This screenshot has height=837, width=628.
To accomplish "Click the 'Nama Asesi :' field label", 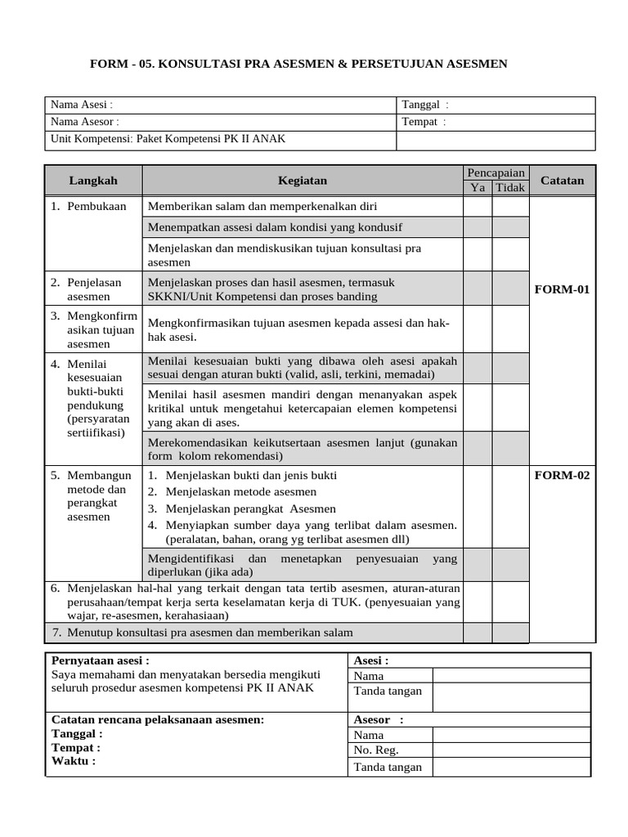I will pyautogui.click(x=82, y=105).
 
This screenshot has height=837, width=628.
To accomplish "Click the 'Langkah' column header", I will pyautogui.click(x=93, y=180).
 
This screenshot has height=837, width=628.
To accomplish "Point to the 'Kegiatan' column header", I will pyautogui.click(x=302, y=180).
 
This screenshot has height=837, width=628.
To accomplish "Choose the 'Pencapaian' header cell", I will pyautogui.click(x=496, y=172).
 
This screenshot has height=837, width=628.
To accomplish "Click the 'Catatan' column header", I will pyautogui.click(x=563, y=180).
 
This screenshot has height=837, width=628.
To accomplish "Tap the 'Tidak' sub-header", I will pyautogui.click(x=510, y=188).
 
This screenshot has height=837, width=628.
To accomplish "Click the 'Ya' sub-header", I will pyautogui.click(x=478, y=188).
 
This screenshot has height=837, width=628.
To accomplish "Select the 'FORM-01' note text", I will pyautogui.click(x=562, y=289).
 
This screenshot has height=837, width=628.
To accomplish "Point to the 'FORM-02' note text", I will pyautogui.click(x=562, y=475).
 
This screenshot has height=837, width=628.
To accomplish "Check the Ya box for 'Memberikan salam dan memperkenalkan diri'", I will pyautogui.click(x=478, y=206).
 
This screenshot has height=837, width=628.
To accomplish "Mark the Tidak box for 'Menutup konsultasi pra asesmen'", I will pyautogui.click(x=510, y=633).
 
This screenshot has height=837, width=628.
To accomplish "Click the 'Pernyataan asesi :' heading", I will pyautogui.click(x=101, y=660).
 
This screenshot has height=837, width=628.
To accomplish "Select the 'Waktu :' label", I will pyautogui.click(x=74, y=760).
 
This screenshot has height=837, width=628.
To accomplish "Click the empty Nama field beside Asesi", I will pyautogui.click(x=510, y=675).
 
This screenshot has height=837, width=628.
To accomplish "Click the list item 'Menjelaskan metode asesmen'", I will pyautogui.click(x=240, y=491).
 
